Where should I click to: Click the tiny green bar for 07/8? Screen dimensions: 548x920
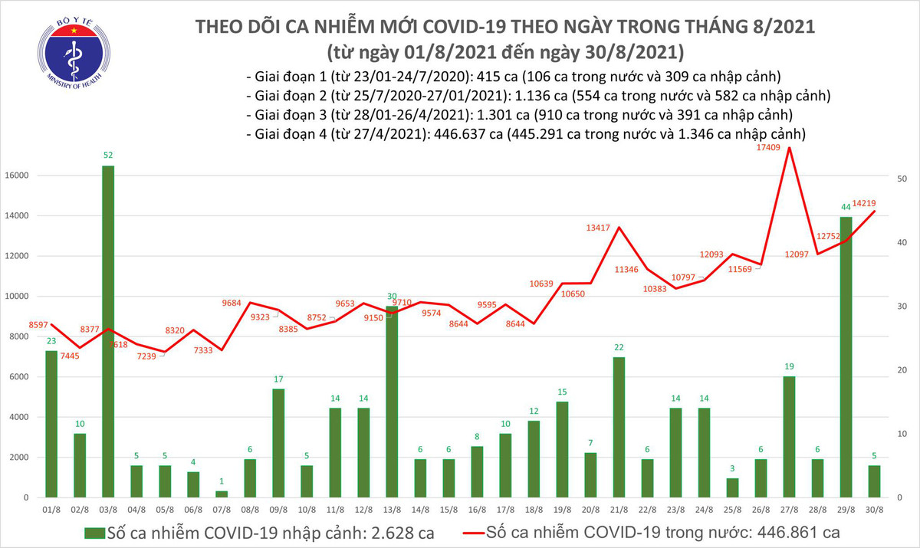(x=222, y=494)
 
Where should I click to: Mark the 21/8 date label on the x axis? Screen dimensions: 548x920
(x=619, y=509)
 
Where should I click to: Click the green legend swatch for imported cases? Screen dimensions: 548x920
(x=93, y=531)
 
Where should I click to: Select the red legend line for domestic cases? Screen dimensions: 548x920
(x=483, y=531)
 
